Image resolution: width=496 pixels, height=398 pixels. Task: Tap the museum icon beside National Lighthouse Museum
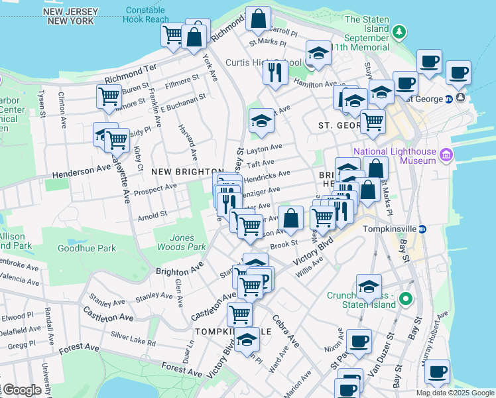coord(446,156)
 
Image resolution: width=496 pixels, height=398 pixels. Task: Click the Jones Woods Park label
coord(176,242)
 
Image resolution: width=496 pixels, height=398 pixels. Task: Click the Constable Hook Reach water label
coord(146,15)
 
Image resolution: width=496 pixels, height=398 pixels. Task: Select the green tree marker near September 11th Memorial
coord(399,32)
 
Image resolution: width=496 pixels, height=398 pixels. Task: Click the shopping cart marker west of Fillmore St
coord(109,96)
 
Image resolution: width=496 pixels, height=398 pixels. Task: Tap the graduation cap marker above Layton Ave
coord(261,121)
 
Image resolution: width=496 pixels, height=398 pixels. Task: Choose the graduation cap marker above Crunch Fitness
coord(369,286)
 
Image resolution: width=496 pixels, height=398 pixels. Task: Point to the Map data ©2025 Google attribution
coord(456,393)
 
